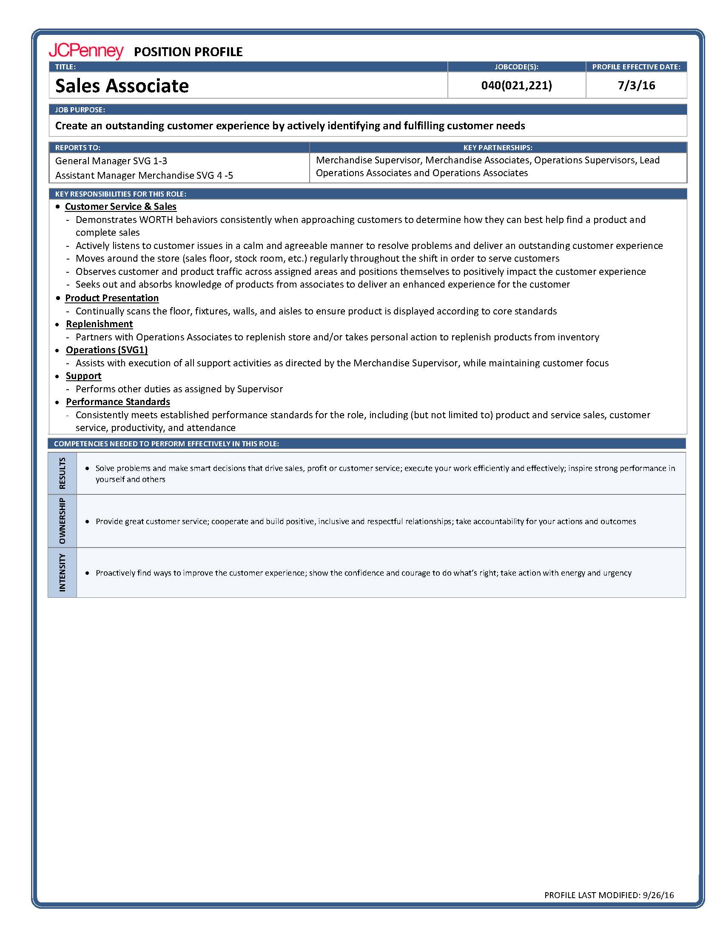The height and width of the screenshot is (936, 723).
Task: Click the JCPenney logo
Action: (x=85, y=51)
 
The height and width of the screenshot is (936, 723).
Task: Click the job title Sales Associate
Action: (x=122, y=85)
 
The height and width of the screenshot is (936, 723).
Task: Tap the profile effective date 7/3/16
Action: (x=636, y=85)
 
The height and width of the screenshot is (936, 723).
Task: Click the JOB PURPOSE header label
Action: (x=80, y=110)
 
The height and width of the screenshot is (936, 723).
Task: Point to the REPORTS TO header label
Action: (x=77, y=148)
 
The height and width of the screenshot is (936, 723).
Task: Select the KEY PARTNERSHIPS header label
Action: (x=498, y=148)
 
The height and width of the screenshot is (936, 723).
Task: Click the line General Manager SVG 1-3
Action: (x=111, y=161)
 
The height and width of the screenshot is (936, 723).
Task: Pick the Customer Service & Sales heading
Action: (x=120, y=207)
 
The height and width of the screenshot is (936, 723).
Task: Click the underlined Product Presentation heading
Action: (x=112, y=298)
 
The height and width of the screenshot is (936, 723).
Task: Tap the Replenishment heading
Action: (x=100, y=324)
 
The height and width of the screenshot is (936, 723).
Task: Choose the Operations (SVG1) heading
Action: (x=107, y=350)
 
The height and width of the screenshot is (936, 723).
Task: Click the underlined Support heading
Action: (x=83, y=376)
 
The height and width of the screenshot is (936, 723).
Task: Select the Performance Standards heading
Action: (x=118, y=402)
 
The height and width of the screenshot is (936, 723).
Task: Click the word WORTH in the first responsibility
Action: (x=155, y=220)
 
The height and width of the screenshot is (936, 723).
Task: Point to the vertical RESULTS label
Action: (x=63, y=473)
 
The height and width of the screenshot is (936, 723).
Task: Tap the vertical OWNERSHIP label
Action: (x=63, y=521)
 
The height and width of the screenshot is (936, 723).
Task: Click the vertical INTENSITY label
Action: (x=63, y=573)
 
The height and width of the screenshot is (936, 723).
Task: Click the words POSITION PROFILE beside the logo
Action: (x=188, y=52)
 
